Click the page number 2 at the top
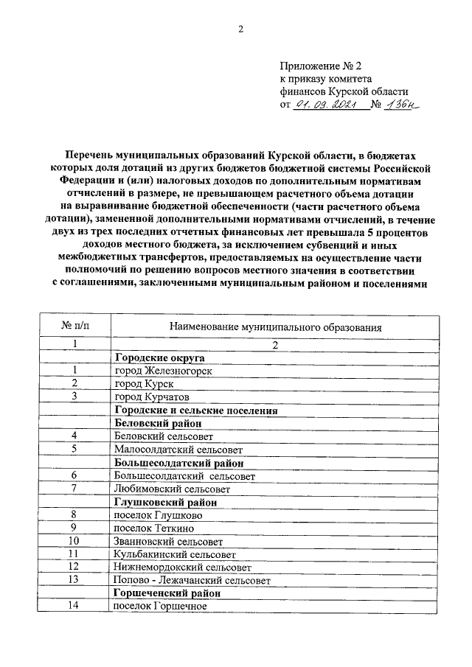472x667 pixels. (240, 29)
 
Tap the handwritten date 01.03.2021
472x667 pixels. (326, 105)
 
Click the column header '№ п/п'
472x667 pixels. (74, 325)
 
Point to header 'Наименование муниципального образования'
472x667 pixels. (275, 325)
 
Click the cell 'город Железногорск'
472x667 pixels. (163, 371)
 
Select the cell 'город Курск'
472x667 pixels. (144, 384)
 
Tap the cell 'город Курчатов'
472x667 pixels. (151, 397)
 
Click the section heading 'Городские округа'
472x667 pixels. (158, 357)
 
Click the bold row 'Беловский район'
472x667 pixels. (158, 424)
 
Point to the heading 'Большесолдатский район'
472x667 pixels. (179, 463)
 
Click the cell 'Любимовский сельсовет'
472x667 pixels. (173, 489)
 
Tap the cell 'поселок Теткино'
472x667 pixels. (154, 528)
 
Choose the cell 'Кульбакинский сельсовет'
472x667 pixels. (176, 553)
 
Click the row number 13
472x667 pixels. (73, 580)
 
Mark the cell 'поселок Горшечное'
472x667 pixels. (161, 606)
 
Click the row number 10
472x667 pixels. (73, 540)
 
